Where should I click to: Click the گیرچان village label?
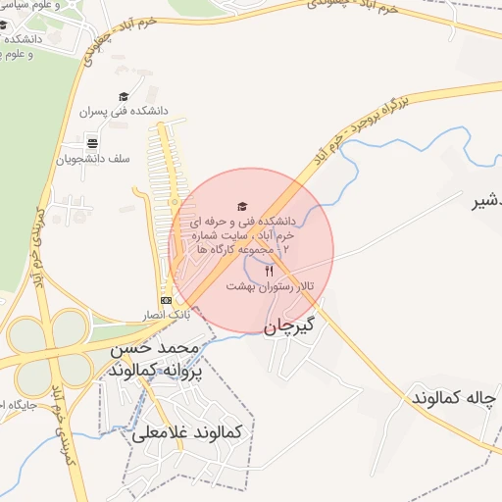point(290,326)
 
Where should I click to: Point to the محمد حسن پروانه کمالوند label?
point(153,359)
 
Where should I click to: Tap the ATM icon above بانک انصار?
point(166,300)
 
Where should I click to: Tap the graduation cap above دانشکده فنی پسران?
point(124,96)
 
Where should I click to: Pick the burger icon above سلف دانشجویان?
point(92,143)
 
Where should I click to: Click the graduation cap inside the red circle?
point(242,205)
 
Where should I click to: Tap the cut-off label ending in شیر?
point(480,203)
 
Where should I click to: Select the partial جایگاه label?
point(18,405)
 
